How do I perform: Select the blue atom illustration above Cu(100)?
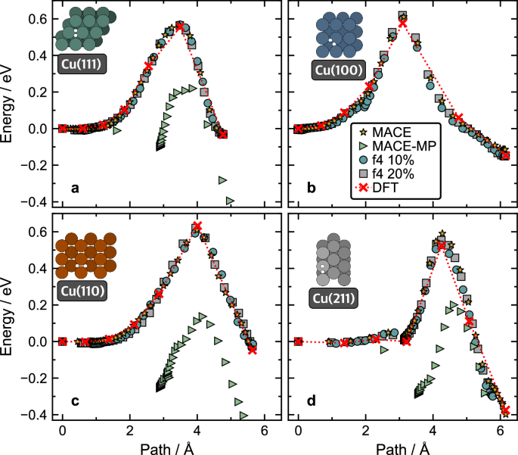335,36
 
